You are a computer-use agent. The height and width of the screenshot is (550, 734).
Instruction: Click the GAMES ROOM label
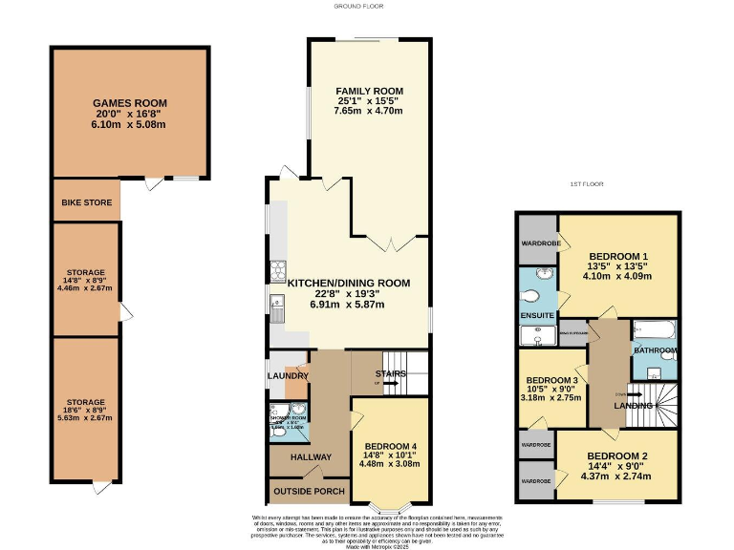pyautogui.click(x=130, y=103)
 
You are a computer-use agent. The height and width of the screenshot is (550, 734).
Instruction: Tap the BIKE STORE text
pyautogui.click(x=86, y=202)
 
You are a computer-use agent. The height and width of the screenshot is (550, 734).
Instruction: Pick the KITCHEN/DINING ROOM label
pyautogui.click(x=348, y=283)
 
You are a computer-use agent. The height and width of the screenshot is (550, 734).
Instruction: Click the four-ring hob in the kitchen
pyautogui.click(x=280, y=267)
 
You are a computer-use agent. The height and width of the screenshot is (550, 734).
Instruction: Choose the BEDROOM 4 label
pyautogui.click(x=391, y=446)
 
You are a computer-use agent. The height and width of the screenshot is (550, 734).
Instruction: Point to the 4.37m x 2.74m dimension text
pyautogui.click(x=617, y=476)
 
